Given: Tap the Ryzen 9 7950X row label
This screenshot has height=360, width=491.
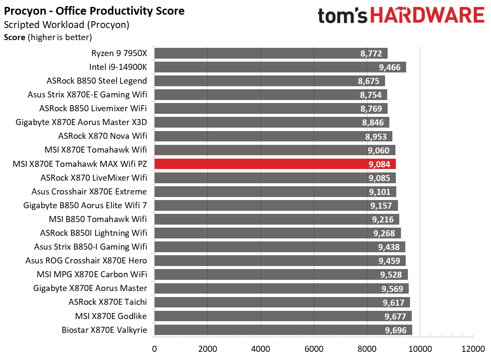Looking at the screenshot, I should (119, 53).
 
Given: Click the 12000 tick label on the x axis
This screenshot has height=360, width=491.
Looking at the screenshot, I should (473, 348).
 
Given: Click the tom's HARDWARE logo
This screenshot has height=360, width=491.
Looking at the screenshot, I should (401, 16).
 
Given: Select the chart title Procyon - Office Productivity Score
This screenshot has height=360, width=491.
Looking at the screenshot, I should (94, 11).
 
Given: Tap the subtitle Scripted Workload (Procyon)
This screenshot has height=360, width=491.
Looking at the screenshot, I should (66, 25).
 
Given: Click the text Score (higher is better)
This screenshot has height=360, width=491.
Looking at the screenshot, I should (48, 38).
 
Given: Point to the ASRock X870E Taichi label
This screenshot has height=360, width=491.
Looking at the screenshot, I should (108, 302).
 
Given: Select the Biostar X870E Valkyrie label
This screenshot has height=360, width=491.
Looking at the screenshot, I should (105, 330).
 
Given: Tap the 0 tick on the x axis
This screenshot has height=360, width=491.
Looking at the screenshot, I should (154, 348).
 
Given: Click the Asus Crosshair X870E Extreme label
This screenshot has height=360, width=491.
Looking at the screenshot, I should (89, 191).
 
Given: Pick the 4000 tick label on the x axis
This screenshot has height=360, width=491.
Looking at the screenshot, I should (260, 348).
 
